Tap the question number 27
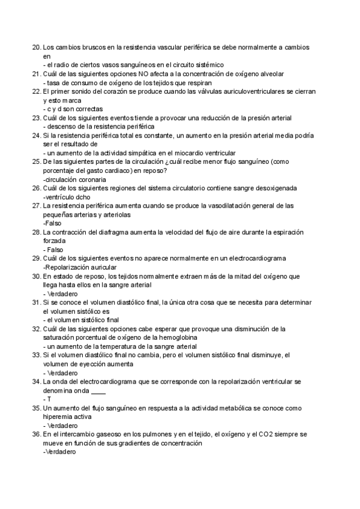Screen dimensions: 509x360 click(35, 205)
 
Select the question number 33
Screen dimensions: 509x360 click(35, 355)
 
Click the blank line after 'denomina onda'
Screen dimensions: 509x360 click(98, 390)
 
